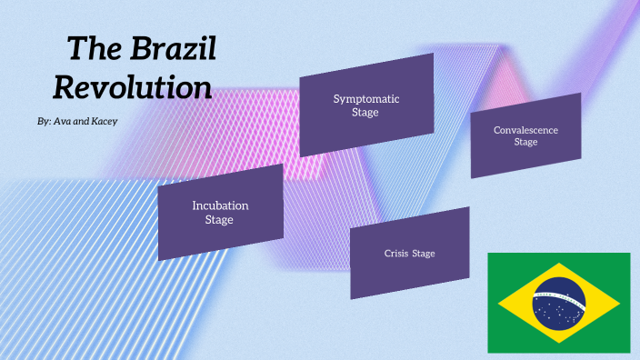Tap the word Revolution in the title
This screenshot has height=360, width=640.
pyautogui.click(x=133, y=87)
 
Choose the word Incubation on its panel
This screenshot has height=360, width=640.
pyautogui.click(x=220, y=205)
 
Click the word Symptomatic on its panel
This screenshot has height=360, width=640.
pyautogui.click(x=366, y=98)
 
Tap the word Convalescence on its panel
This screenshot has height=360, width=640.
pyautogui.click(x=525, y=130)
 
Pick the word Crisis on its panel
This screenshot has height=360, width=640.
pyautogui.click(x=395, y=253)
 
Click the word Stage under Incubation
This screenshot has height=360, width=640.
pyautogui.click(x=219, y=219)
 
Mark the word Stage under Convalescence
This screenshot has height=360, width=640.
pyautogui.click(x=525, y=142)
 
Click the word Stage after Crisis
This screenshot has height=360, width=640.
pyautogui.click(x=424, y=253)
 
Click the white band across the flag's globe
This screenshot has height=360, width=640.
pyautogui.click(x=558, y=297)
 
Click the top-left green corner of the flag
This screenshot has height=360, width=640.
pyautogui.click(x=495, y=260)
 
